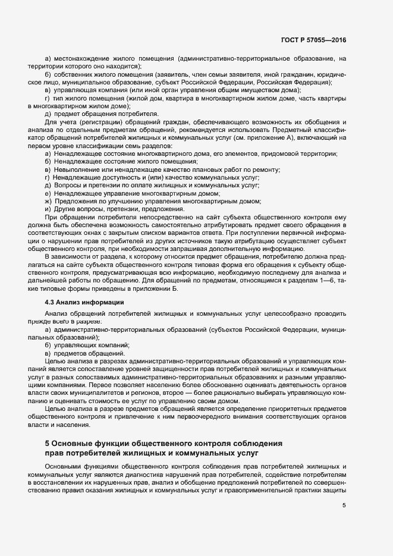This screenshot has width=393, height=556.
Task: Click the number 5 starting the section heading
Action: [48, 444]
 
